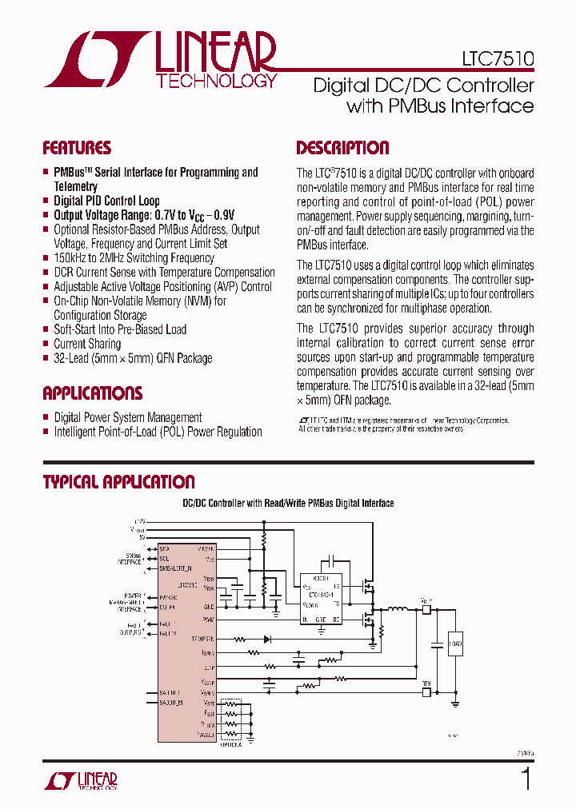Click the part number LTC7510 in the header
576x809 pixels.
point(498,59)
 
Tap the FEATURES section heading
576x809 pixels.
point(77,148)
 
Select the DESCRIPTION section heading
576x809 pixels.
point(342,148)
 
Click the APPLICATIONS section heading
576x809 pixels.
point(92,393)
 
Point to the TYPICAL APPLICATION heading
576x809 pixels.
point(118,482)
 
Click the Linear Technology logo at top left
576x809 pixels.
point(161,59)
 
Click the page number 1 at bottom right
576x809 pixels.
point(526,778)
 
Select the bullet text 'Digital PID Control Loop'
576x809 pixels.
point(106,201)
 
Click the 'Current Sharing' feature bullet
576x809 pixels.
point(87,344)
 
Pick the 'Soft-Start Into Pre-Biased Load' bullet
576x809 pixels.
point(120,329)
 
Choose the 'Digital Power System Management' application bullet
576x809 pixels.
point(128,417)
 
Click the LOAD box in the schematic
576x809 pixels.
point(455,644)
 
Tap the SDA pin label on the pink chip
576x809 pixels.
point(165,549)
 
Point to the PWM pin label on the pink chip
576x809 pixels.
point(208,619)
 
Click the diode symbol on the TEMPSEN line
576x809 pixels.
point(267,640)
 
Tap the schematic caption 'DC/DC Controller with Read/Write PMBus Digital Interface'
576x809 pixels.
point(289,503)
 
